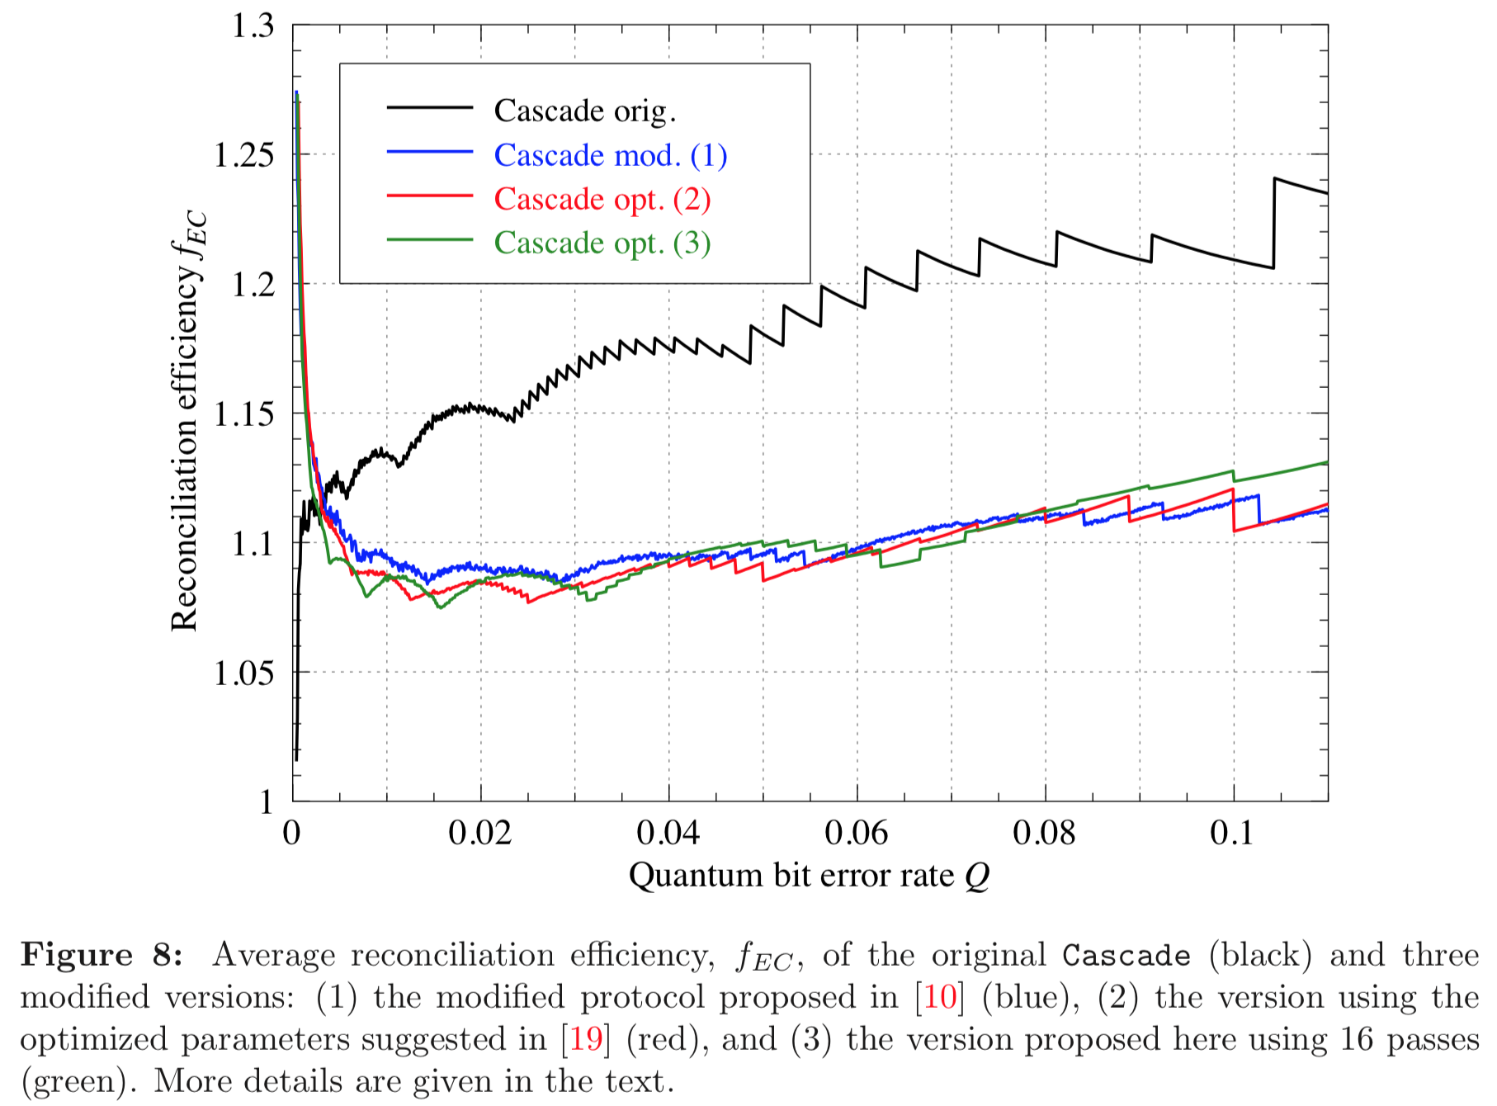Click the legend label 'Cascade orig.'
(x=584, y=111)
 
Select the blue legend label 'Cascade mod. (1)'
(x=610, y=155)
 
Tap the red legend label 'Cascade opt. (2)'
(x=602, y=199)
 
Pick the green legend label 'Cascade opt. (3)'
(x=602, y=243)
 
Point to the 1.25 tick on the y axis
(x=244, y=155)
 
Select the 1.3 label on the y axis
(x=253, y=26)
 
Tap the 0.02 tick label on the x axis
(x=479, y=833)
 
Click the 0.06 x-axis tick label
(x=856, y=833)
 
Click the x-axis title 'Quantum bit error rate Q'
(x=809, y=876)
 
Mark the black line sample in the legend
(x=430, y=108)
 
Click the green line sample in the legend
(x=430, y=240)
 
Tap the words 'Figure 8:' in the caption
(x=102, y=955)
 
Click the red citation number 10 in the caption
(x=940, y=997)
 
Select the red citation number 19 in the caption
(x=586, y=1039)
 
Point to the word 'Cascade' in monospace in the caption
(x=1126, y=955)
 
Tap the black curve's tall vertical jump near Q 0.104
(x=1274, y=223)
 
